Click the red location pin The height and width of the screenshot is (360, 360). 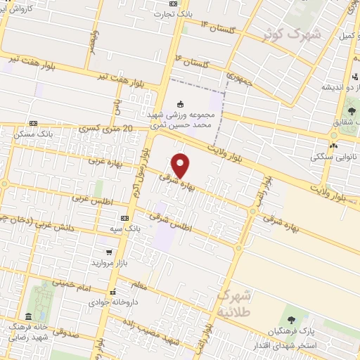coord(181,165)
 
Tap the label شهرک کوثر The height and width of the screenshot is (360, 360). coord(290,33)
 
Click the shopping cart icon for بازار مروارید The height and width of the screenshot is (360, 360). coord(108,252)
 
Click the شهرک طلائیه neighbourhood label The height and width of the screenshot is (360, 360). coord(233,302)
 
